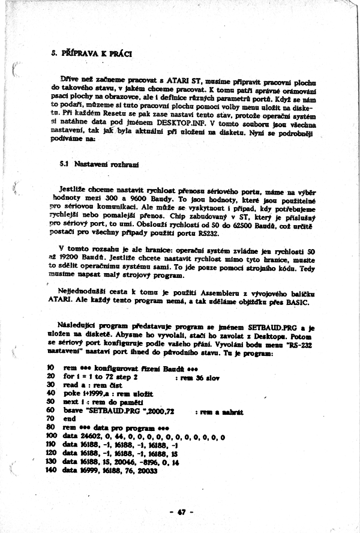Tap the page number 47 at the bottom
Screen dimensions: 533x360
coord(180,511)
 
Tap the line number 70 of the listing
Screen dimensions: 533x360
coord(50,419)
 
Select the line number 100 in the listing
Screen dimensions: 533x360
coord(51,437)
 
